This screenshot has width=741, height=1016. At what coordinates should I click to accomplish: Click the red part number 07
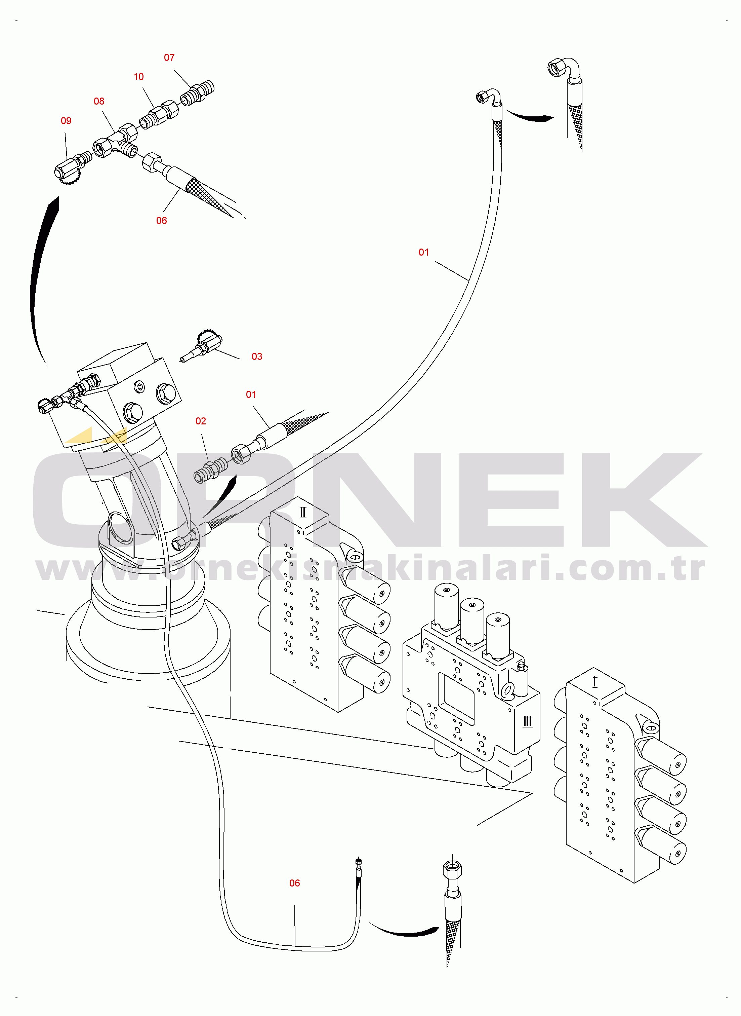[x=169, y=58]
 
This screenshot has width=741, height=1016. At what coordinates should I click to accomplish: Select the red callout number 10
[x=138, y=77]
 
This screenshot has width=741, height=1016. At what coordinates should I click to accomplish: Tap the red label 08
[x=99, y=102]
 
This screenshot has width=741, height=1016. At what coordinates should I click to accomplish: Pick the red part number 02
[x=201, y=421]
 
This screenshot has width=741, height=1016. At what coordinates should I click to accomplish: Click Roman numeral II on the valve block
[x=303, y=513]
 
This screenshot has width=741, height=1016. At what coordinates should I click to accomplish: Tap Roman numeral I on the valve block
[x=595, y=682]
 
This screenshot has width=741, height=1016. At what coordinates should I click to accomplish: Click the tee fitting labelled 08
[x=116, y=141]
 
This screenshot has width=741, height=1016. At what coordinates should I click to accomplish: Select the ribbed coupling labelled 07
[x=197, y=93]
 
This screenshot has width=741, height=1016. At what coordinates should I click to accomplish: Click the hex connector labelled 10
[x=159, y=114]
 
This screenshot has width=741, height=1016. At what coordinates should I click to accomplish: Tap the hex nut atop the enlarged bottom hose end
[x=452, y=869]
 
